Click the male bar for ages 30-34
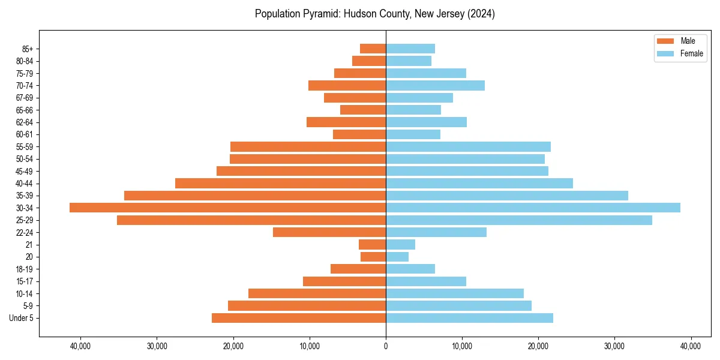point(227,208)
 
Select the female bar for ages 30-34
point(533,208)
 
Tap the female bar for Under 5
point(469,318)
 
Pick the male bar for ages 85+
point(373,49)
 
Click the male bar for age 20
point(373,257)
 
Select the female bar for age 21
point(400,244)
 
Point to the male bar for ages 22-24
point(329,232)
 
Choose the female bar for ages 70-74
point(435,85)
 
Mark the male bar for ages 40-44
point(280,183)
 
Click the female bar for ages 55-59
point(468,146)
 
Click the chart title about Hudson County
point(374,14)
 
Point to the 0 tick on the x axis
point(386,346)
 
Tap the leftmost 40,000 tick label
point(80,346)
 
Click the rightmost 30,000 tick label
point(614,346)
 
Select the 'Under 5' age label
point(21,318)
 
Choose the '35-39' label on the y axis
point(25,196)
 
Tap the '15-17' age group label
point(25,281)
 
